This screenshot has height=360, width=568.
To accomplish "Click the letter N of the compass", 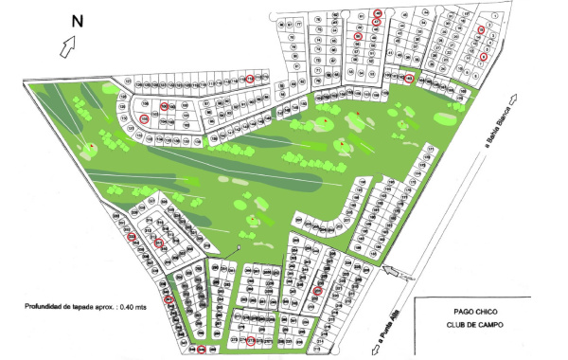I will coord(79,18).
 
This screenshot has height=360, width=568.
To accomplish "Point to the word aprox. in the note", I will coord(133,307).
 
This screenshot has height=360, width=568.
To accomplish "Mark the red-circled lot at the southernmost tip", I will coord(203,350).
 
